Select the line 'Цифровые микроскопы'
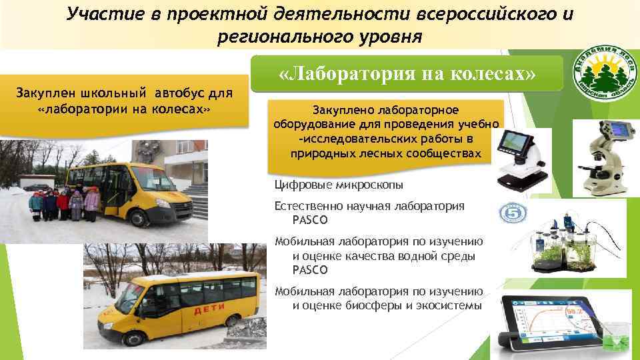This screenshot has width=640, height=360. tap(339, 185)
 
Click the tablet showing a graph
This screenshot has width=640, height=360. tap(564, 321)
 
